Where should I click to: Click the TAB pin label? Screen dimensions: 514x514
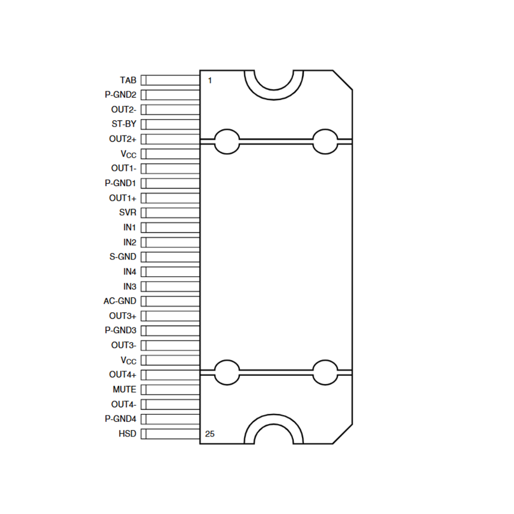(128, 80)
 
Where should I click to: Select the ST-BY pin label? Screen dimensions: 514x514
(123, 124)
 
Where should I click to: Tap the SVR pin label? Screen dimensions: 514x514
(127, 212)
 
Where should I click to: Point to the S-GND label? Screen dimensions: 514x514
(122, 256)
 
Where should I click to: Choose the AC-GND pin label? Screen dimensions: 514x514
(119, 301)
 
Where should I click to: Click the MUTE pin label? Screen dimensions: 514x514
(124, 390)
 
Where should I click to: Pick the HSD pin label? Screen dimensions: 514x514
(127, 434)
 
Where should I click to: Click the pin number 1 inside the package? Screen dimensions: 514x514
(210, 80)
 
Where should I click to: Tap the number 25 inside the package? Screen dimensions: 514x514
(210, 434)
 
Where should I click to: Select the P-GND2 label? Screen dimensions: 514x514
(120, 95)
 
